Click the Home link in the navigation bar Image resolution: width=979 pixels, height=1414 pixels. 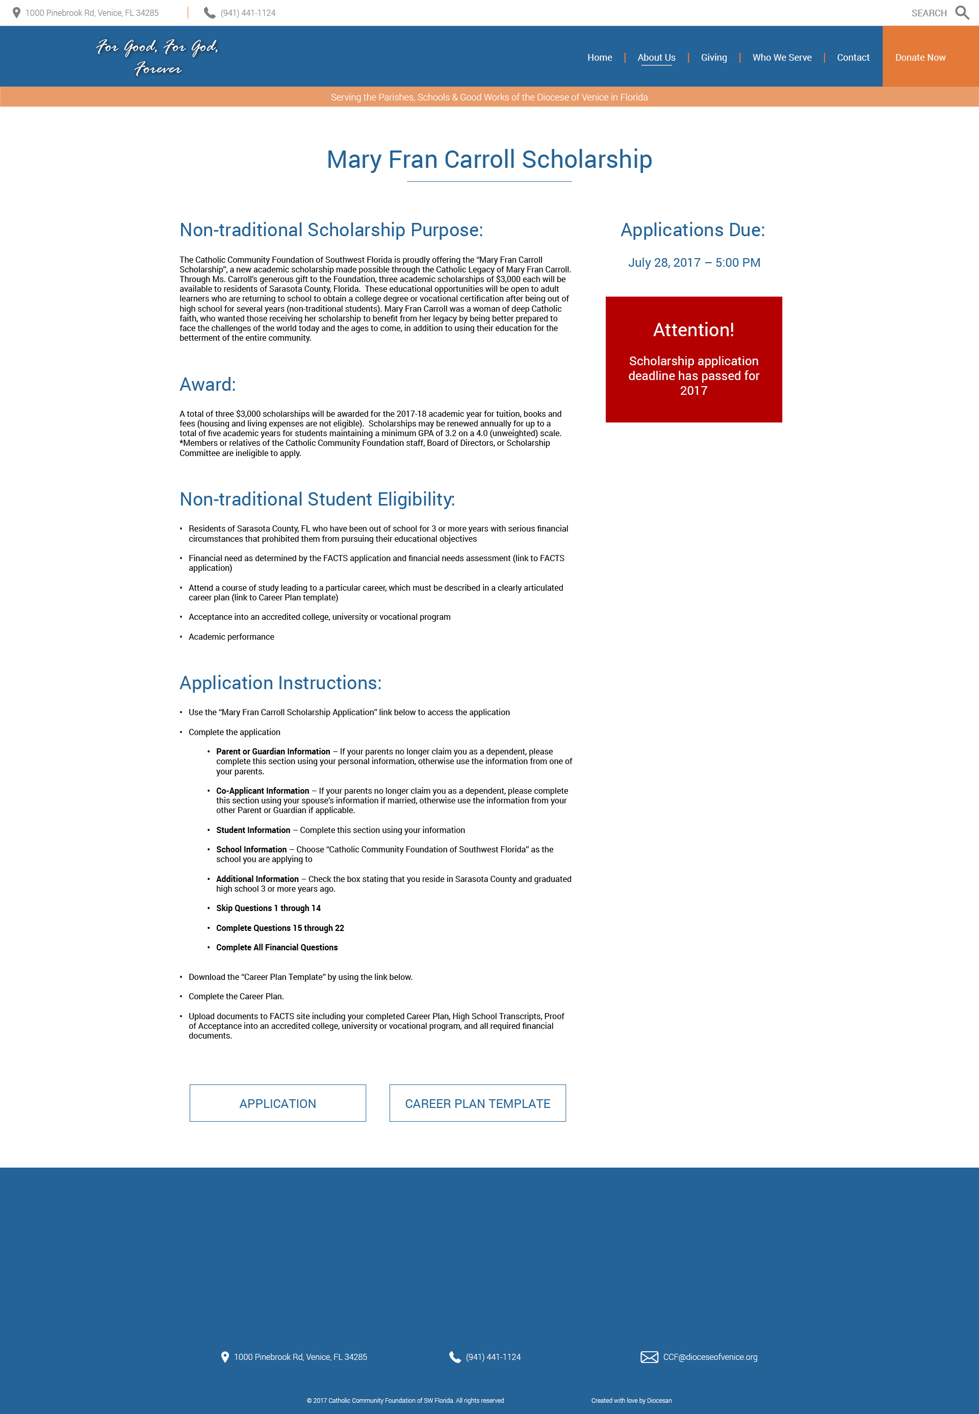coord(599,58)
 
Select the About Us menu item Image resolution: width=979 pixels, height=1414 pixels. coord(656,58)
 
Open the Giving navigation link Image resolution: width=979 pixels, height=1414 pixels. coord(713,58)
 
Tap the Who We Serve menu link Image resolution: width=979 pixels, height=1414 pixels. coord(782,58)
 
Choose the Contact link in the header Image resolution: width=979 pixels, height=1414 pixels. coord(853,58)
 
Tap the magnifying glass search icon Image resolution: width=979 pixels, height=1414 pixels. coord(962,13)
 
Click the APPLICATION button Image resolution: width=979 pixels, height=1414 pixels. coord(277,1103)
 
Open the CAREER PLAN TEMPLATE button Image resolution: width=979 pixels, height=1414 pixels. coord(477,1103)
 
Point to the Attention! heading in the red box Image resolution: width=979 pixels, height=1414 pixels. coord(693,330)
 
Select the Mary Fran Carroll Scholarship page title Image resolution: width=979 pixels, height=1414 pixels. coord(489,160)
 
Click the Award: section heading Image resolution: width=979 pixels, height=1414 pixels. coord(208,385)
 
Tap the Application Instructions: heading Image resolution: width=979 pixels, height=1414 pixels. coord(280,683)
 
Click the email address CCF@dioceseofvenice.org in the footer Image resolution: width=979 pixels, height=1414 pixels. coord(710,1357)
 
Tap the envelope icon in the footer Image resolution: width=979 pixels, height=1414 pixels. coord(649,1357)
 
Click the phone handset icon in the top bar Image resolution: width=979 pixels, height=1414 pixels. coord(209,13)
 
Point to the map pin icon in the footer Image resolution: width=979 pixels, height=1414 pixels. coord(224,1357)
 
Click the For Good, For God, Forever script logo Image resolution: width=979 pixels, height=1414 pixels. coord(158,57)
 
